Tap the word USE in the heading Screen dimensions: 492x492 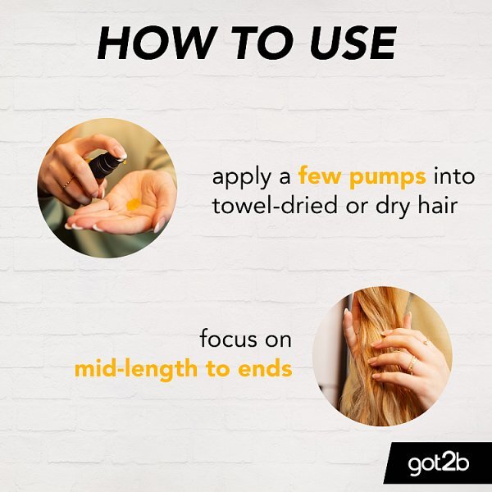click(x=353, y=43)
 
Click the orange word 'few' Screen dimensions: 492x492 click(x=320, y=176)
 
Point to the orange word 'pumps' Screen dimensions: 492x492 click(x=388, y=178)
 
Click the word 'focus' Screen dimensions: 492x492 click(x=229, y=339)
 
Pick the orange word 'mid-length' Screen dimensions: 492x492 click(x=136, y=369)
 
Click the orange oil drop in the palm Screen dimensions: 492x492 click(x=134, y=204)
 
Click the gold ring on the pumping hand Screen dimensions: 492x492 click(x=68, y=183)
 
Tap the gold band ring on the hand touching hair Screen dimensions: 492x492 click(x=412, y=364)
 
